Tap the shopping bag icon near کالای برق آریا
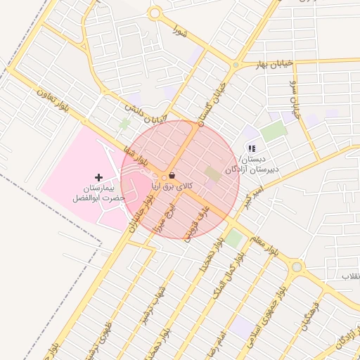(x=173, y=175)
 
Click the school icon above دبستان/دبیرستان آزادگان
(x=251, y=148)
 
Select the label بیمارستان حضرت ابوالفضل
(x=98, y=193)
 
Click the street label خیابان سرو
(x=295, y=99)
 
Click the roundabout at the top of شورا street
(x=155, y=13)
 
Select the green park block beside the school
(x=273, y=131)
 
